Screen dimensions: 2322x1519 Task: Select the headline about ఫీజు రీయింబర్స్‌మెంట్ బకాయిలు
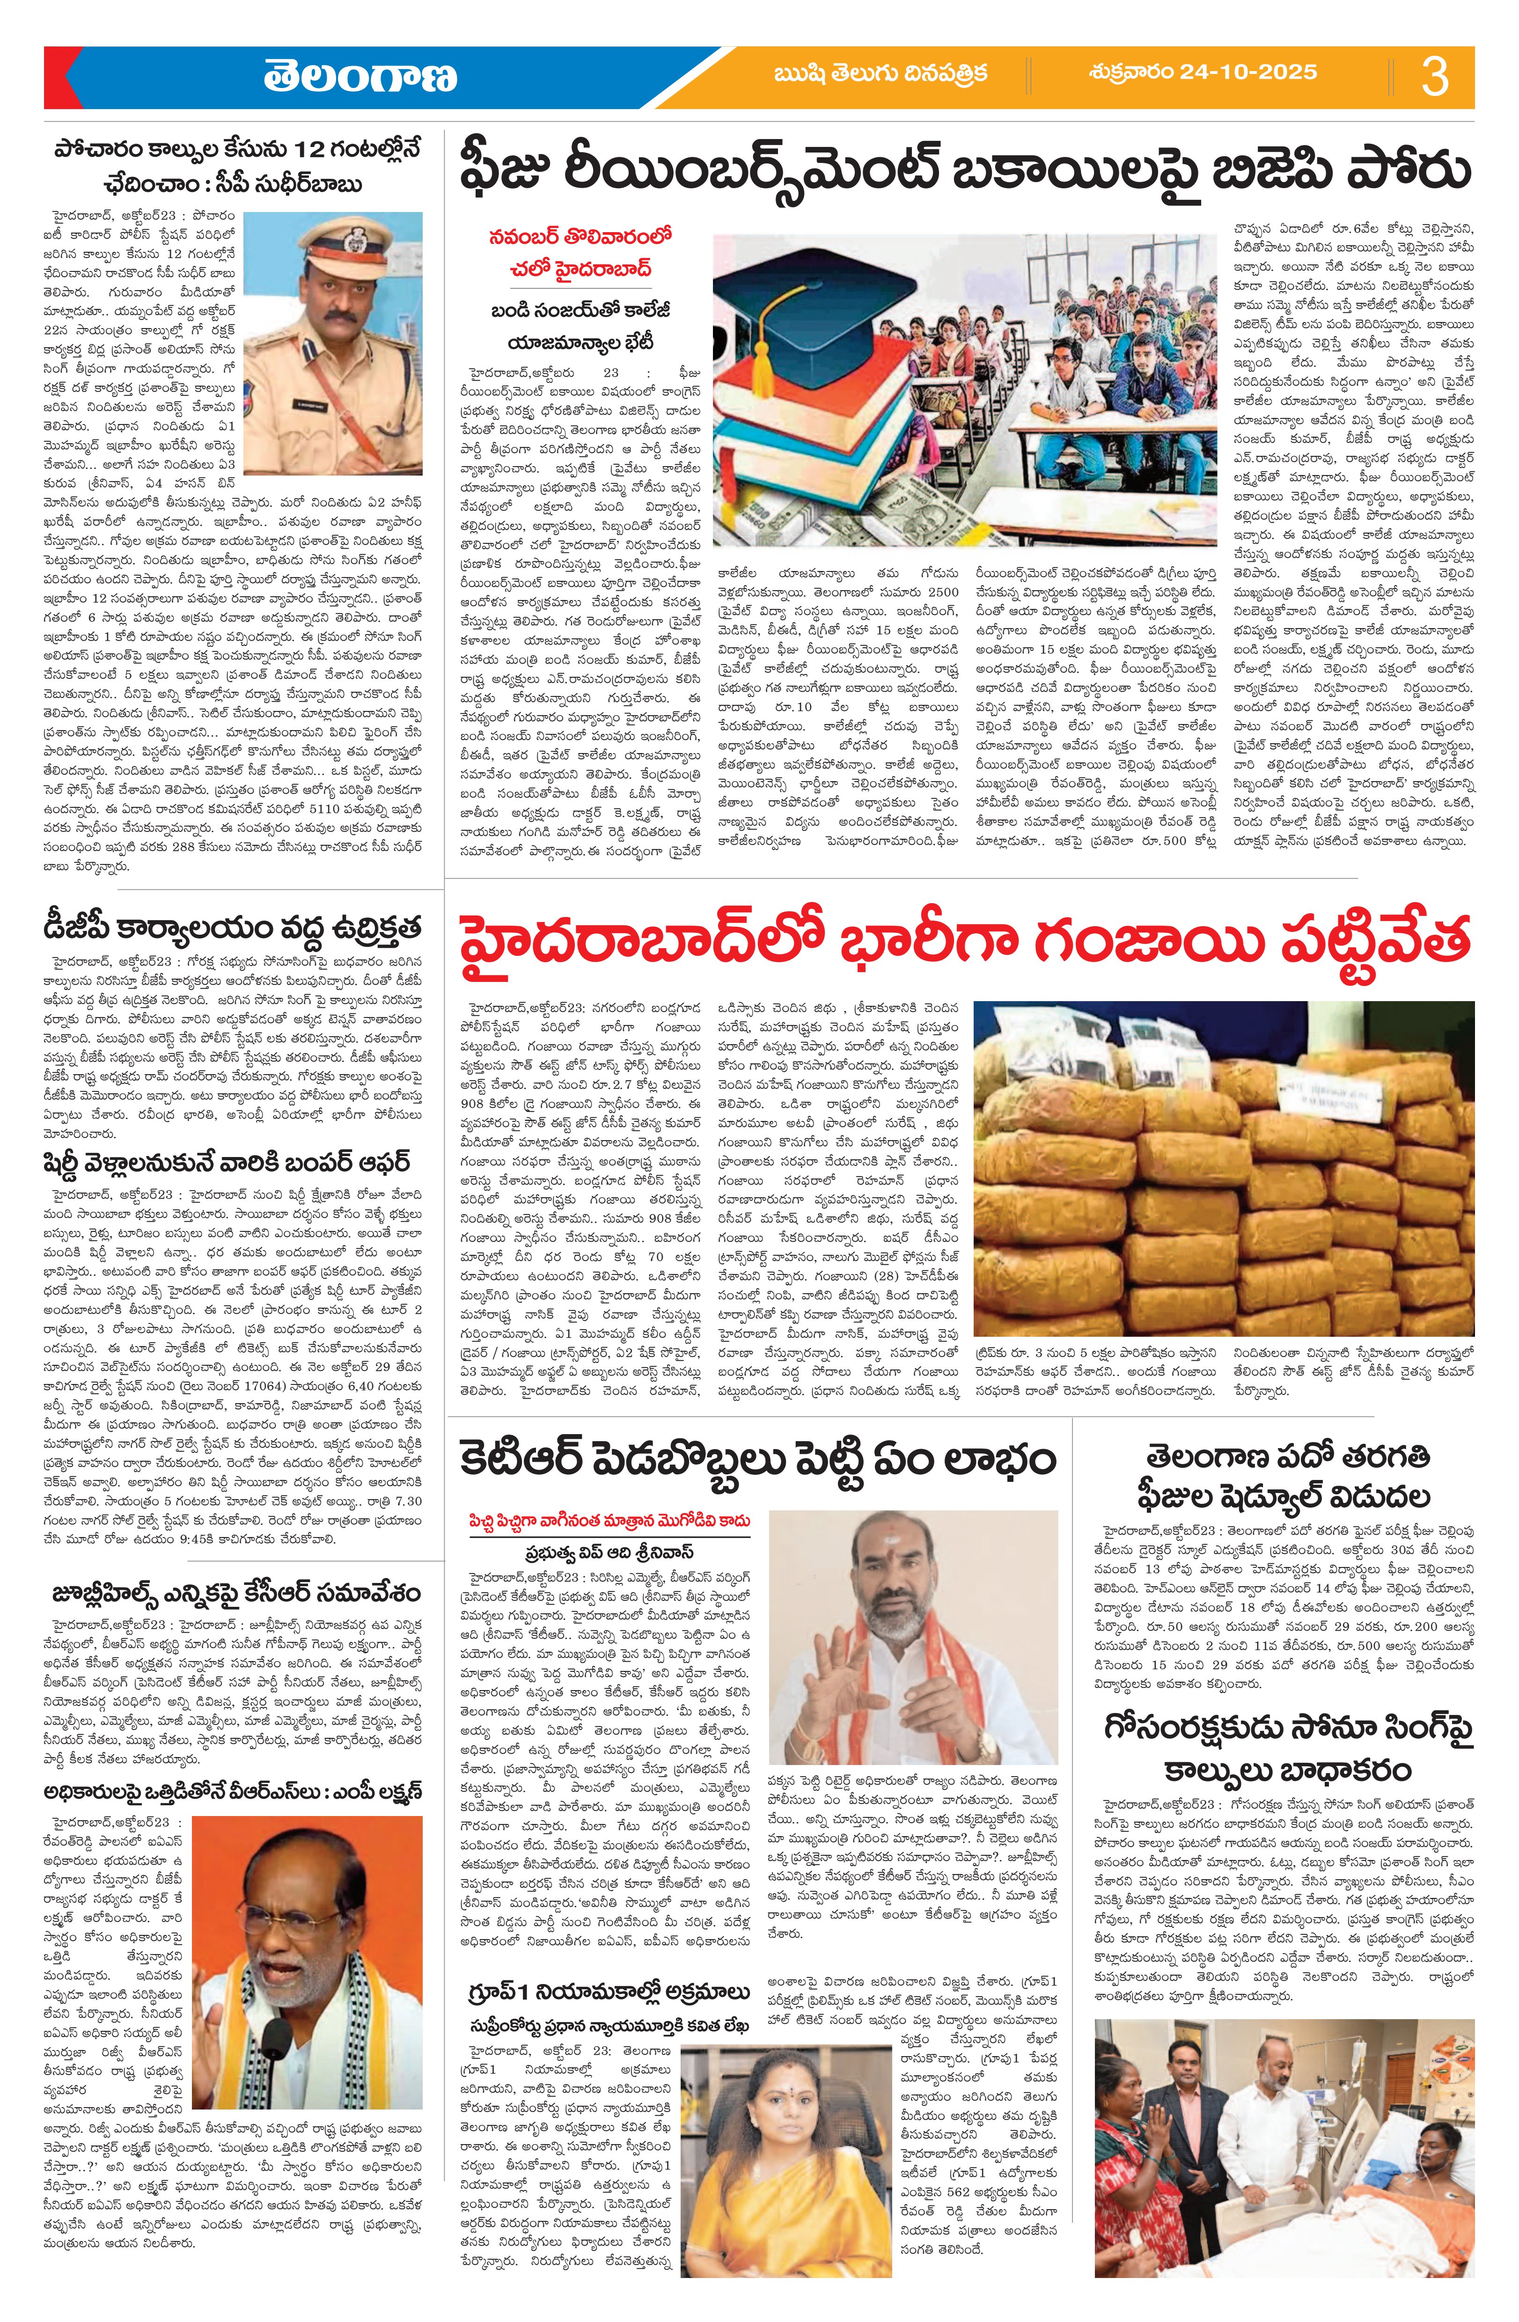click(x=966, y=171)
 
